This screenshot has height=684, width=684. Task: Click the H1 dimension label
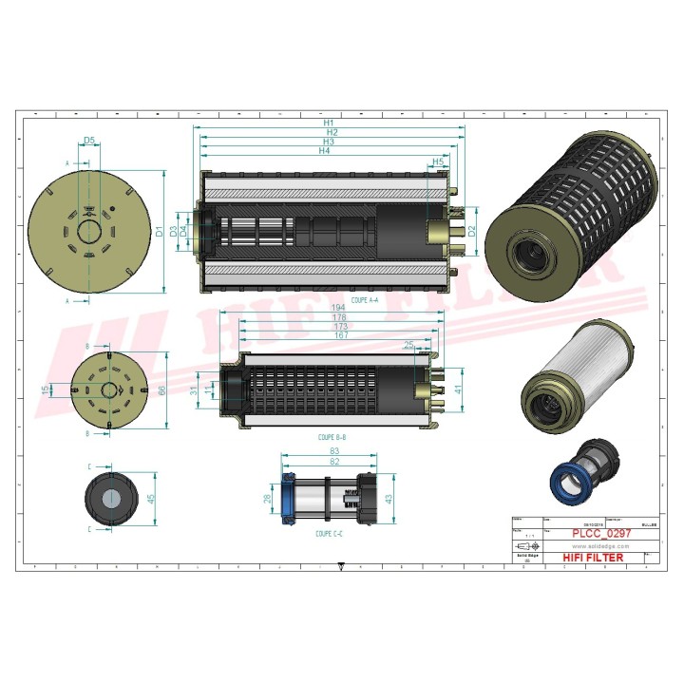click(x=329, y=123)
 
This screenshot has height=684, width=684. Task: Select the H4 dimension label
click(x=325, y=151)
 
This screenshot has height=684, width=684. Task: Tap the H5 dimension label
click(x=437, y=162)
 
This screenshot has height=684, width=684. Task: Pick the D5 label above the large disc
click(x=88, y=141)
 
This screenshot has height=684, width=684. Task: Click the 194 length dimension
click(x=338, y=309)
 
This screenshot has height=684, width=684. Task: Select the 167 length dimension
click(x=339, y=335)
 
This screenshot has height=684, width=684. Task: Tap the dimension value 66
click(x=161, y=389)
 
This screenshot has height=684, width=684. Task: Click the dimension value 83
click(x=334, y=450)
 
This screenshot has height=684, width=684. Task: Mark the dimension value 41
click(x=459, y=389)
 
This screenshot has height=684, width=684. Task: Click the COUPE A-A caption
click(x=364, y=299)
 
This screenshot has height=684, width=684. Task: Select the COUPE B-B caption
click(x=332, y=438)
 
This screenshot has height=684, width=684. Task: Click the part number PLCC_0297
click(x=595, y=534)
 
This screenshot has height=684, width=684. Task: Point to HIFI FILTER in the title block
click(x=594, y=558)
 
